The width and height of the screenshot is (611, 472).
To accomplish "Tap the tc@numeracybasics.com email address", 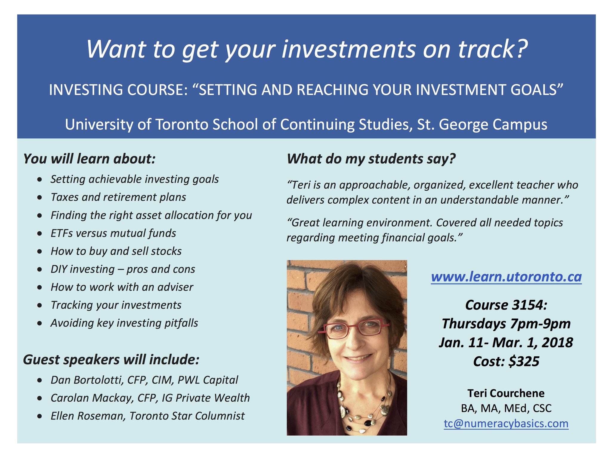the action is pyautogui.click(x=506, y=423).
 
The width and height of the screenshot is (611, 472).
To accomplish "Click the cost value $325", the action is pyautogui.click(x=524, y=361).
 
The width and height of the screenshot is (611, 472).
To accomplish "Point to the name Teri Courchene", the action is pyautogui.click(x=506, y=393).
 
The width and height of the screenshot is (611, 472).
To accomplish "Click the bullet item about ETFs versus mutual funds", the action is pyautogui.click(x=113, y=233).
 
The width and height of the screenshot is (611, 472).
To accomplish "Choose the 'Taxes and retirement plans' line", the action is pyautogui.click(x=118, y=197).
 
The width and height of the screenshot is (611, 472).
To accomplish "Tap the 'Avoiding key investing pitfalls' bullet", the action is pyautogui.click(x=124, y=323).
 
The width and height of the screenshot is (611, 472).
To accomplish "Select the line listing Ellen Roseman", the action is pyautogui.click(x=147, y=416).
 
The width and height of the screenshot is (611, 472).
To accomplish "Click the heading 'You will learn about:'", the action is pyautogui.click(x=89, y=159).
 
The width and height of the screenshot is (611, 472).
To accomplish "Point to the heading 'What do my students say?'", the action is pyautogui.click(x=371, y=159).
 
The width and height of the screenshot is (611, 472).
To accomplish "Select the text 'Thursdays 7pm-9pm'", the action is pyautogui.click(x=506, y=324).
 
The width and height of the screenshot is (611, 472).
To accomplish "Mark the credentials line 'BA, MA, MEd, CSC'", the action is pyautogui.click(x=506, y=408).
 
